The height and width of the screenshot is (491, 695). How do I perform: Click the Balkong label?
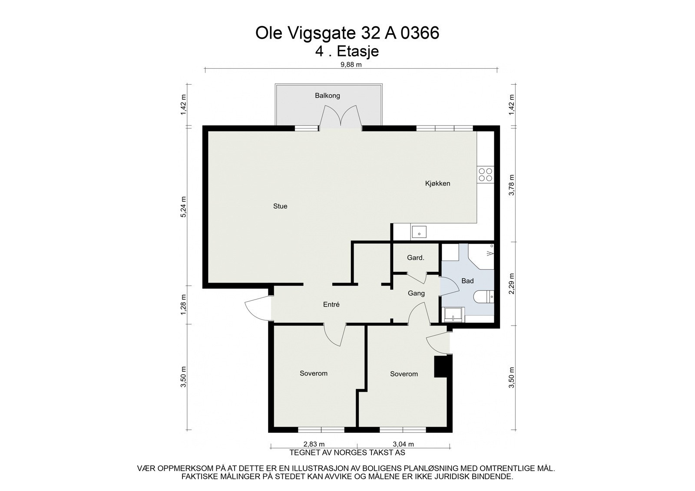coord(328,96)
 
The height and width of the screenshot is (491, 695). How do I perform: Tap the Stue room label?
coord(280,206)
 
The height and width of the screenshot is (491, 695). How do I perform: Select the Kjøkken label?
coord(437,184)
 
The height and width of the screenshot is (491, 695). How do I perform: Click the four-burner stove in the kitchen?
coord(485,175)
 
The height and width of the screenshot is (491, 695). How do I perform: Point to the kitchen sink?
coord(419,232)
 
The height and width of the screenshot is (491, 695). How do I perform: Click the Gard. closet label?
coord(415,258)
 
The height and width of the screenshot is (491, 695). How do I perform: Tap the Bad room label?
coord(467,281)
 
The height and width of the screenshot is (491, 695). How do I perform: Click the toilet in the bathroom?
coord(483,297)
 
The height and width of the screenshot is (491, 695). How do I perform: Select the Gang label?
coord(416,293)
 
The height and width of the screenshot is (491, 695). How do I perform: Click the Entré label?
coord(331,305)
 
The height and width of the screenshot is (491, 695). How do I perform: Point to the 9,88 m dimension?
coord(351,65)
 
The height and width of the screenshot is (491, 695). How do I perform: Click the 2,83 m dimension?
coord(314,444)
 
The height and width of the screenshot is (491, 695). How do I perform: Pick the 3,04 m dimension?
coord(404,444)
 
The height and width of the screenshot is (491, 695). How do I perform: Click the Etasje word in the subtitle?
coord(358,52)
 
